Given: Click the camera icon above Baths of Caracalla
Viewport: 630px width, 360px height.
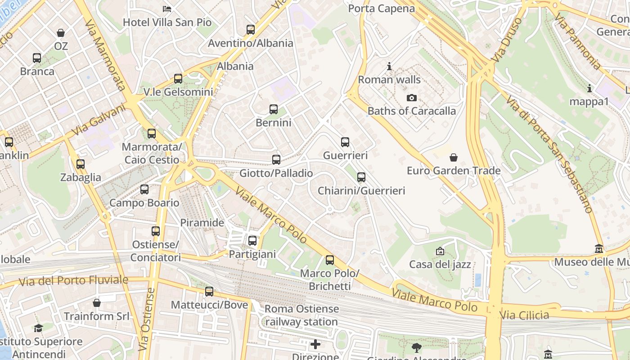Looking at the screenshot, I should point(411,98).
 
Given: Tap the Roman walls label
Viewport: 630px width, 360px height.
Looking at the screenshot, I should point(389,80).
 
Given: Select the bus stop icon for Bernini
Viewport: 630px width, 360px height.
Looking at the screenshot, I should point(274,109).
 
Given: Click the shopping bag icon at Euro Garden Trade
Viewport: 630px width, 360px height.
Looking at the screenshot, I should point(454,157).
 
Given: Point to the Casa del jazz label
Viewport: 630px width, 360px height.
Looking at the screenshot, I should point(440,264).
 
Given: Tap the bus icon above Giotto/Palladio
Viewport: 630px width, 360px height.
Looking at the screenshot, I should point(276,160).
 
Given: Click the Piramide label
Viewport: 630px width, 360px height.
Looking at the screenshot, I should point(202,223).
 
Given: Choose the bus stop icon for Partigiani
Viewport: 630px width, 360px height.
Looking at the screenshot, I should point(252,241).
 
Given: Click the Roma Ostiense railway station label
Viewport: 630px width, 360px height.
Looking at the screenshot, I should point(301,315).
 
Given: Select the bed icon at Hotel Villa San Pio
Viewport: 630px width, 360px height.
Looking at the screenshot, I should point(167,9).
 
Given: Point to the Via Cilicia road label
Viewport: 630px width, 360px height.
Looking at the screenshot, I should point(524,315).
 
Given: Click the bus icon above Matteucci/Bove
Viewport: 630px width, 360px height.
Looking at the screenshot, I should point(209,292).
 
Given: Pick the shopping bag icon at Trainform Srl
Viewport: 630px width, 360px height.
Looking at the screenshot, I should point(96,303).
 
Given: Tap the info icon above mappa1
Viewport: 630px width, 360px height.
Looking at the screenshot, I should point(589,88).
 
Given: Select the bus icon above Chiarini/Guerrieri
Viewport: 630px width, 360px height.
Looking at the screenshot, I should point(361,177).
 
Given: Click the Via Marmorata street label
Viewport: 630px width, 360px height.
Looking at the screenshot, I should point(104,55).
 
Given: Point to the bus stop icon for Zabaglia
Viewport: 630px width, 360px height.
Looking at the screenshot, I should point(81,164).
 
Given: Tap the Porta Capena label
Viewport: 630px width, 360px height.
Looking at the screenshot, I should point(381,9).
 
